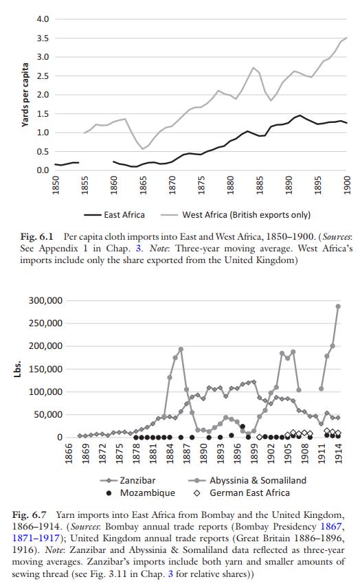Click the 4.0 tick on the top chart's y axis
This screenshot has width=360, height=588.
point(43,19)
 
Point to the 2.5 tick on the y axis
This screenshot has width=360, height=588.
point(43,76)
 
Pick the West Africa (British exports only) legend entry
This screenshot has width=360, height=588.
point(238,215)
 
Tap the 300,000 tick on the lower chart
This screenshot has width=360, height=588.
point(45,301)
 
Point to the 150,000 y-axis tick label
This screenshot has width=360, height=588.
point(45,369)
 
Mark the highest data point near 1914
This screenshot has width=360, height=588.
point(338,306)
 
